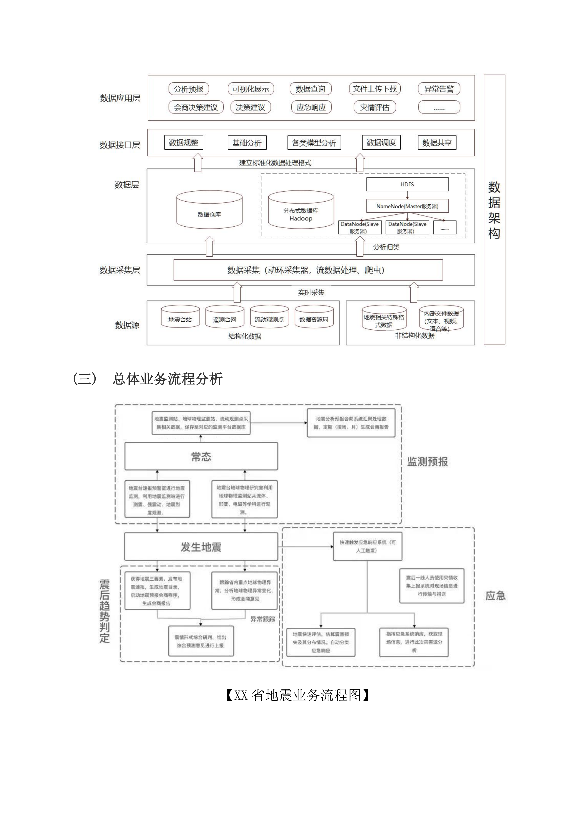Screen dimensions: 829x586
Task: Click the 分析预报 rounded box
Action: click(188, 89)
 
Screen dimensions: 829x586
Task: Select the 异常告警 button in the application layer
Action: click(439, 89)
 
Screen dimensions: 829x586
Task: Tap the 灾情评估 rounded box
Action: click(375, 107)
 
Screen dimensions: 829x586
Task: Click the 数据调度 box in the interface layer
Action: click(381, 143)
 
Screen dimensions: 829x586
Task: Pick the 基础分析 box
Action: click(247, 143)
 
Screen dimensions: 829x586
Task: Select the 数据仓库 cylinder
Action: click(209, 211)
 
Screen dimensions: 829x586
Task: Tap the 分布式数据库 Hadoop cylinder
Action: click(301, 211)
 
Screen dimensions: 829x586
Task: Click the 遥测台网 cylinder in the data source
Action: click(224, 318)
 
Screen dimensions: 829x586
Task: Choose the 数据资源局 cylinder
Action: click(314, 318)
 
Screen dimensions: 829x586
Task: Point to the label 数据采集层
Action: click(120, 270)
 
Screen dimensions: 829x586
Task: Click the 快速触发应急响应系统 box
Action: click(367, 546)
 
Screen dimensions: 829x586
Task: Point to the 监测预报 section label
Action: click(427, 462)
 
